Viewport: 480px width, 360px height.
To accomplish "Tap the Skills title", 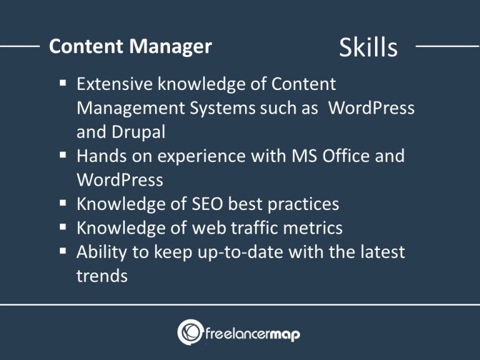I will tap(368, 47).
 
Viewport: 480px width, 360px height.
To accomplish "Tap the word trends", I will tap(102, 276).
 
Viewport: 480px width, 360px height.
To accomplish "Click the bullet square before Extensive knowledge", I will tap(64, 83).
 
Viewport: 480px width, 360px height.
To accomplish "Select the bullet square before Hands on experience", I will tap(64, 155).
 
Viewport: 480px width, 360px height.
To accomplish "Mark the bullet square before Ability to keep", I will tap(64, 252).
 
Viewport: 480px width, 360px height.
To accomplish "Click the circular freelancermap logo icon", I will tap(190, 332).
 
